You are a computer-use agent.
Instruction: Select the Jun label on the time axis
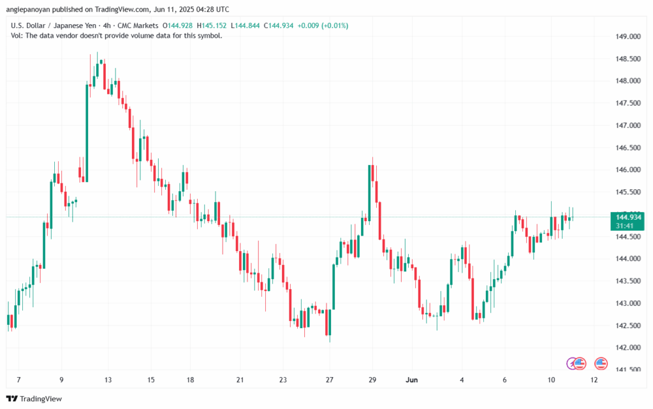tap(412, 380)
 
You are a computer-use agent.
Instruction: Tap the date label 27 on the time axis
tap(330, 380)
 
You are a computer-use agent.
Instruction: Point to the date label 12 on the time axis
tap(594, 380)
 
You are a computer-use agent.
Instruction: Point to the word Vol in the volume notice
tap(17, 36)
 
